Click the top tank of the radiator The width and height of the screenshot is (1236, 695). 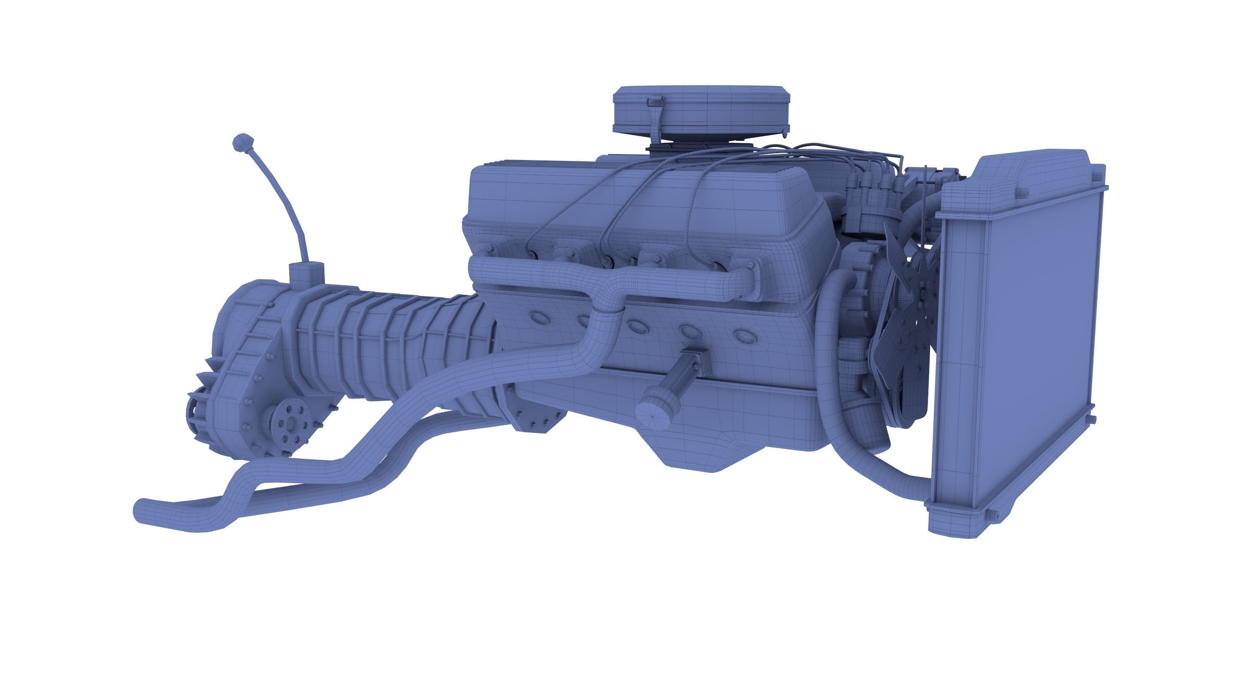[1017, 182]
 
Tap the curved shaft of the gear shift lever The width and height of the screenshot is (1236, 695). [283, 202]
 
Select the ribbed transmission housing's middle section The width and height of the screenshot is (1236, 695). [384, 336]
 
